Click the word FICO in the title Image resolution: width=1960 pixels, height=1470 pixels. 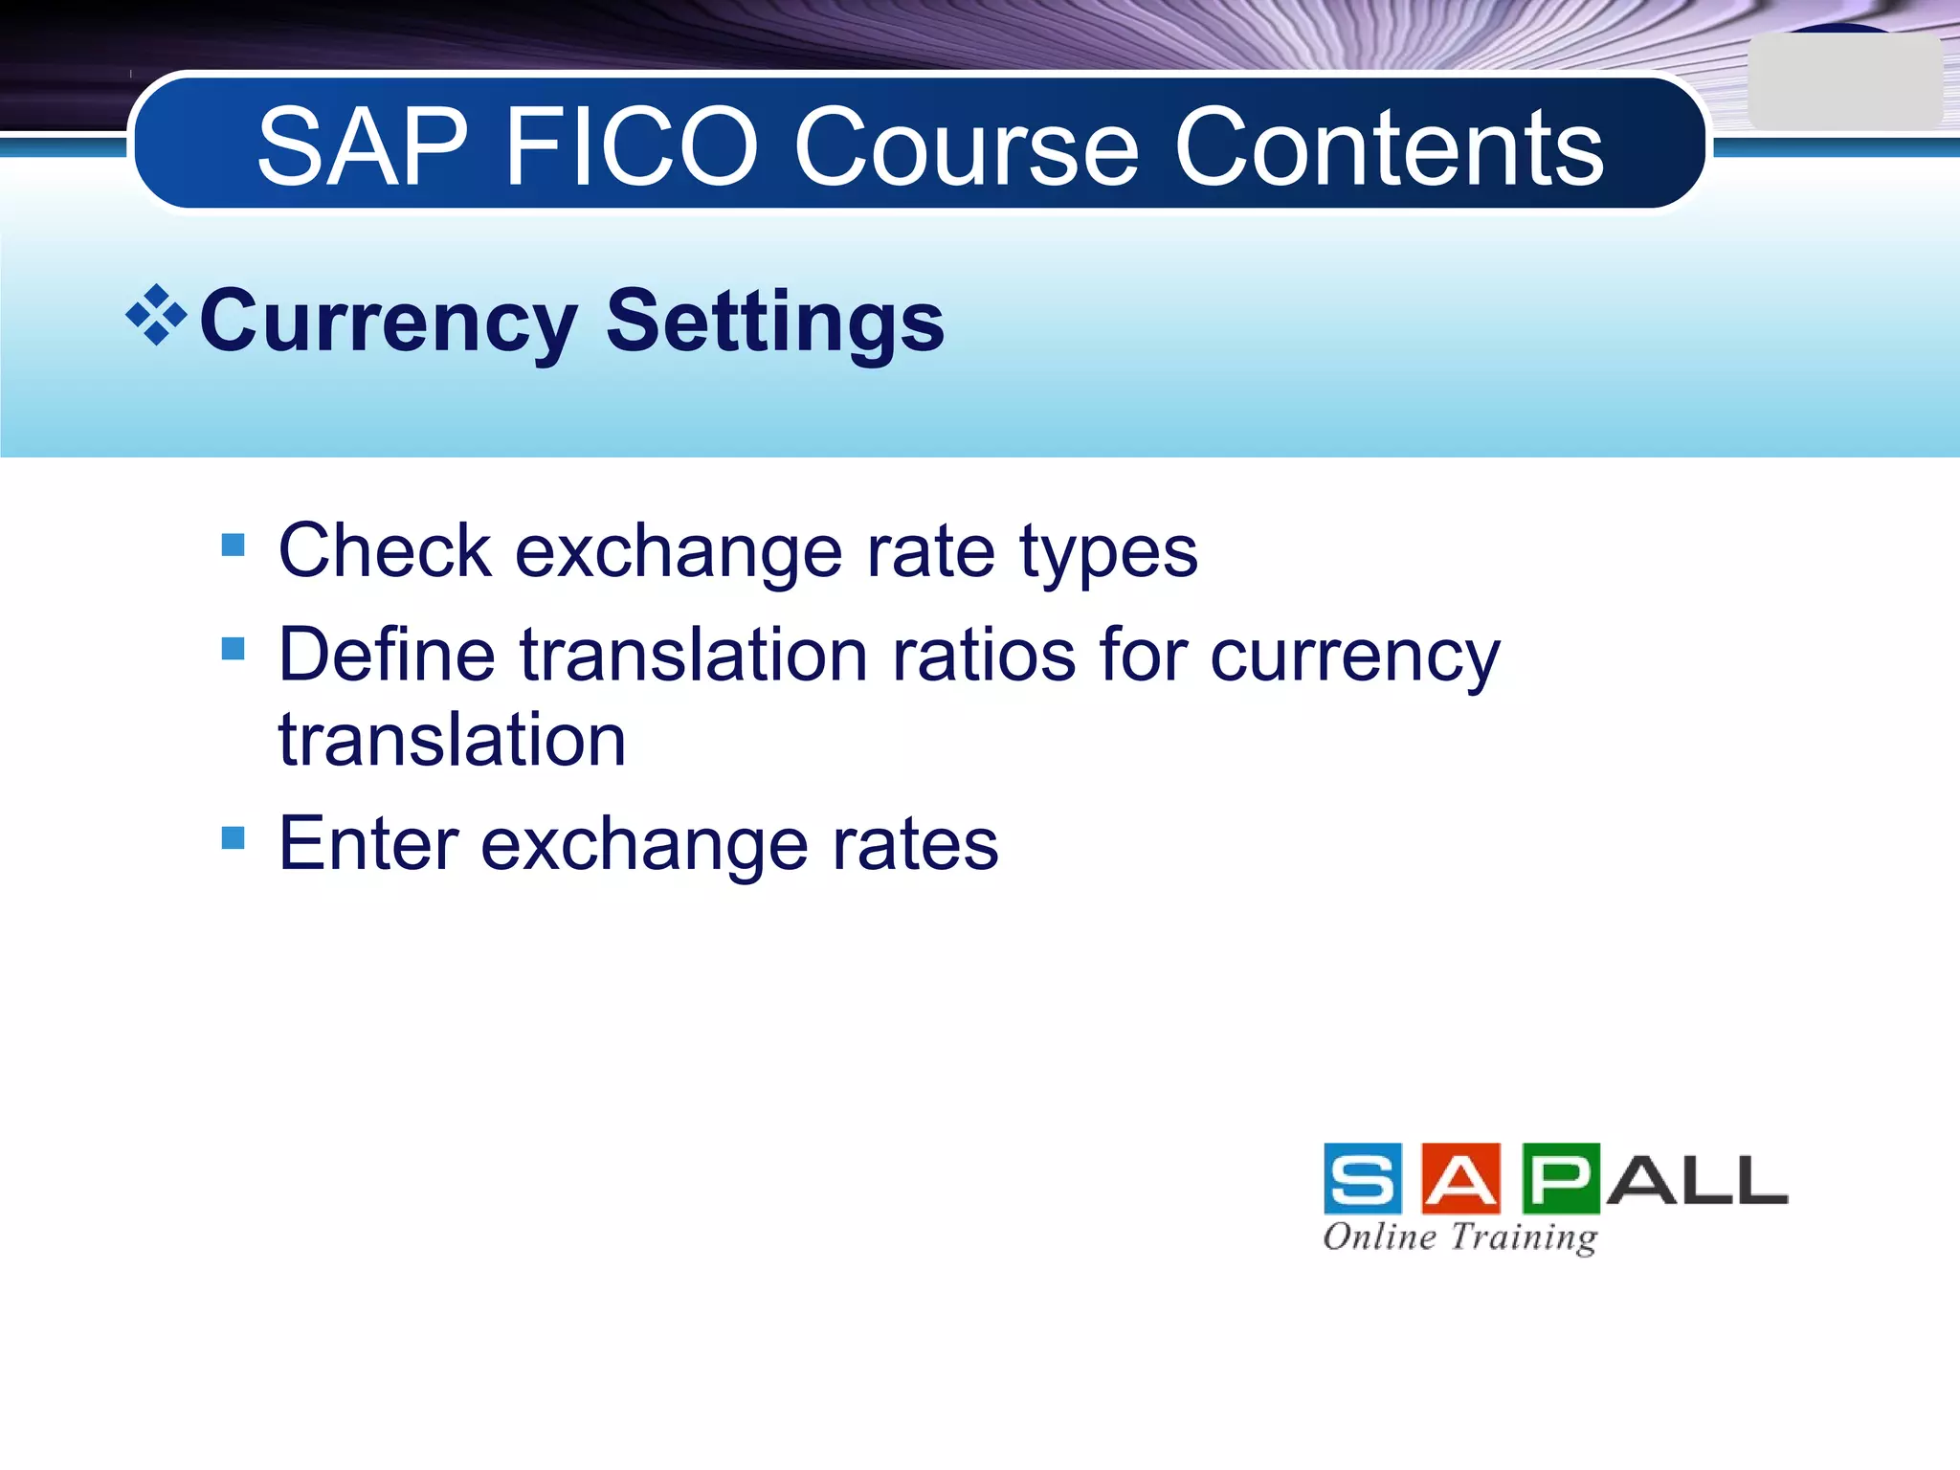(632, 148)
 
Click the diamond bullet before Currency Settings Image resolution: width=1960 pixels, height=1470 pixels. (156, 315)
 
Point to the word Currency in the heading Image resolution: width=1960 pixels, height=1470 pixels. (388, 323)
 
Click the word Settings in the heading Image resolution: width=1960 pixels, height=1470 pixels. (775, 323)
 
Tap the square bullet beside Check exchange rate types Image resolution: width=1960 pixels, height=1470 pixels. (233, 546)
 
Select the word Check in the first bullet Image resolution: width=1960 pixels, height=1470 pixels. (385, 551)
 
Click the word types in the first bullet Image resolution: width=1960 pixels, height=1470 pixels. (1108, 553)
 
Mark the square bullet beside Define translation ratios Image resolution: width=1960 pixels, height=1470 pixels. (233, 649)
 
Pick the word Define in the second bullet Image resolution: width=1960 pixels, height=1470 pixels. (387, 655)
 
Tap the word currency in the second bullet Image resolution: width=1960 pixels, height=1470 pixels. (1354, 657)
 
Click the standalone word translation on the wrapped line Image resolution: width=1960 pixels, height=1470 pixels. (452, 740)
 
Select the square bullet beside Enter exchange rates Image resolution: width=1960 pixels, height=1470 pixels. (233, 838)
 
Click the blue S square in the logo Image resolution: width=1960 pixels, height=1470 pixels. (1363, 1178)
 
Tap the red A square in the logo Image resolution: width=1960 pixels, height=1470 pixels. (1460, 1178)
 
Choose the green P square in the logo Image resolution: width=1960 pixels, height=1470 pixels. (1560, 1178)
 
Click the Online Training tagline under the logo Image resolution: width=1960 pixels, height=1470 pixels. (1459, 1236)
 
